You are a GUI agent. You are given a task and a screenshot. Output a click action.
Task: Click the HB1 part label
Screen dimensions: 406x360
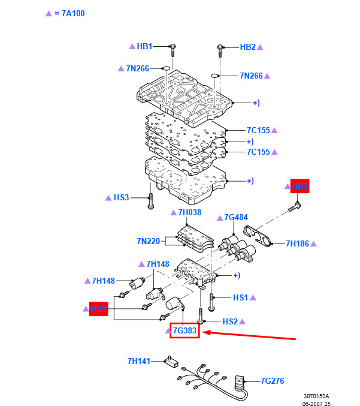click(145, 46)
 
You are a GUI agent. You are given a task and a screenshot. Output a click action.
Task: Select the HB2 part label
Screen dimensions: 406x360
click(248, 47)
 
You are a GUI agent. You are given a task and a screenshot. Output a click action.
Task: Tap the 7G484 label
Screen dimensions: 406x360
click(236, 218)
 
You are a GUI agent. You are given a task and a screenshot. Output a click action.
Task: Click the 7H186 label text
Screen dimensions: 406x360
click(297, 243)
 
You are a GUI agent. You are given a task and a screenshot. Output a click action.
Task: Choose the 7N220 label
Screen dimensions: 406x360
click(148, 241)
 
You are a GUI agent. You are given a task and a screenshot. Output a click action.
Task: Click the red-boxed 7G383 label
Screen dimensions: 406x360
click(184, 330)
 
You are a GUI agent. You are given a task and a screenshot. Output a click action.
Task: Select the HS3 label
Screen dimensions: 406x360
click(121, 197)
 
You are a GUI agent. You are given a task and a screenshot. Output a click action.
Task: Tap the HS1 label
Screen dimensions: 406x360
click(240, 297)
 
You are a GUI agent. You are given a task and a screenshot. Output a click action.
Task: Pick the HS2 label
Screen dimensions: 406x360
click(230, 321)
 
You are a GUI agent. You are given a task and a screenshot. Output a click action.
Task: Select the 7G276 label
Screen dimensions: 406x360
click(272, 381)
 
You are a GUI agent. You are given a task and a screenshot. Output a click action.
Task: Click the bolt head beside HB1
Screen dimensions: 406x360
click(173, 46)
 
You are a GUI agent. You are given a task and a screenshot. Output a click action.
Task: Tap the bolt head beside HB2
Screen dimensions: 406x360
click(220, 46)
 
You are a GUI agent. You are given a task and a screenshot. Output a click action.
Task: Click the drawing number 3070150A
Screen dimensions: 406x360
click(316, 396)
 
